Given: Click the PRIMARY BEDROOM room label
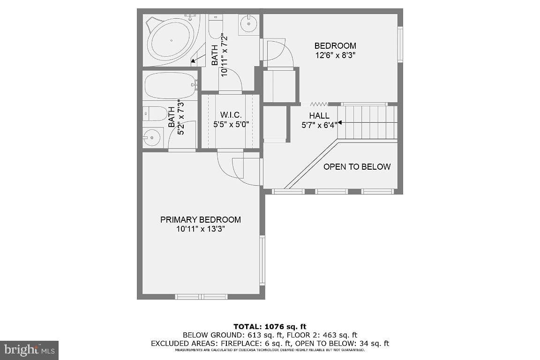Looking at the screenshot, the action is click(x=201, y=220).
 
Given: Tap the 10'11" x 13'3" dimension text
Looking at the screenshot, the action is click(x=201, y=229).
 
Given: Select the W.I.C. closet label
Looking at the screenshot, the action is click(x=231, y=115).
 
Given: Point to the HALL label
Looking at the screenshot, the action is click(x=319, y=116).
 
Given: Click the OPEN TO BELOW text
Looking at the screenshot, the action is click(x=357, y=167).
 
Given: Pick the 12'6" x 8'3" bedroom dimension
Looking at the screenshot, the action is click(x=335, y=55).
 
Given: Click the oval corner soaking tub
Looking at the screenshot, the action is click(x=171, y=40).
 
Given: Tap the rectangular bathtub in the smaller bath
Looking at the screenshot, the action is click(x=170, y=85).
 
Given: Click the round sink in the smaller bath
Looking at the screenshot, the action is click(x=152, y=138).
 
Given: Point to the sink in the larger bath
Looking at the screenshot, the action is click(x=248, y=24).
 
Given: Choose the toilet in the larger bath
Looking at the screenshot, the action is click(x=216, y=27).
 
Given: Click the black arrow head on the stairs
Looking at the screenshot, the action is click(x=339, y=122).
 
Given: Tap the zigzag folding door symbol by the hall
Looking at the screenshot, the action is click(x=319, y=104).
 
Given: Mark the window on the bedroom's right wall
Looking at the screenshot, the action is click(x=400, y=45).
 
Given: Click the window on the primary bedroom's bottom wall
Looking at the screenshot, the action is click(x=201, y=297).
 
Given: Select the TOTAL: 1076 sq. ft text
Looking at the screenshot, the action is click(x=270, y=327).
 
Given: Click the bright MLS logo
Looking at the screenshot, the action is click(x=29, y=350).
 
